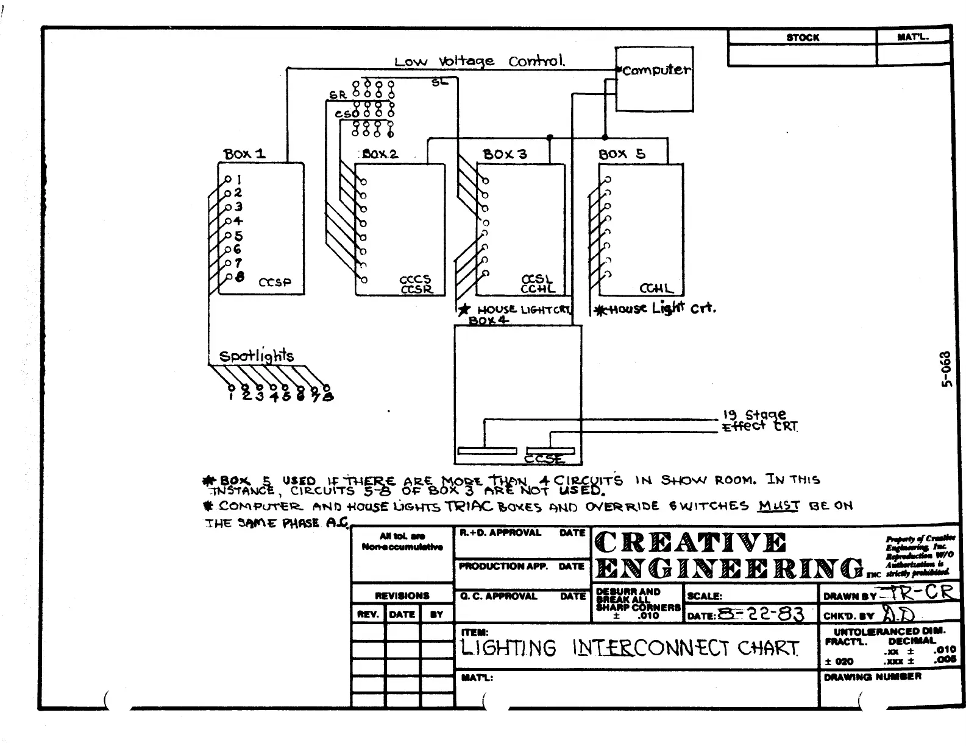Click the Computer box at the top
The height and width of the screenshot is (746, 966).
[654, 80]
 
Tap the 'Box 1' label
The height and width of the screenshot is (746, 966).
[244, 153]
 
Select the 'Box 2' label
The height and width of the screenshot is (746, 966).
[380, 154]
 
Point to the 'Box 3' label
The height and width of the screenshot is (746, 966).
[505, 154]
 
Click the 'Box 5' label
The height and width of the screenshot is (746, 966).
[621, 154]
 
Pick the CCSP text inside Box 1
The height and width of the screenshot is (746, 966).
[275, 283]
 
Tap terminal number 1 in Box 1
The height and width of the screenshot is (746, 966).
[239, 180]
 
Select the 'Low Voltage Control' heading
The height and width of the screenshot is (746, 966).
[480, 62]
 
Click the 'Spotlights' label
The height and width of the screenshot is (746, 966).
[257, 356]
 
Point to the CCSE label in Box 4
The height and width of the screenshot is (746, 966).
[544, 459]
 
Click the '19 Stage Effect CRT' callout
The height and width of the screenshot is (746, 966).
[759, 421]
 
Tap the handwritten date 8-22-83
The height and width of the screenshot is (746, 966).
[761, 613]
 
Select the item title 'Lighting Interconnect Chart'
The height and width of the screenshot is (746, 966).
[630, 648]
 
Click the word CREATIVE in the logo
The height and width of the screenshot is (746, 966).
[691, 543]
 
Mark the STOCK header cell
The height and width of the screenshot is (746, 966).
[803, 38]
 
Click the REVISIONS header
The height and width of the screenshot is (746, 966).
[402, 596]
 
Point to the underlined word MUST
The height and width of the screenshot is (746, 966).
[778, 505]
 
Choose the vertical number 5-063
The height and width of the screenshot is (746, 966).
[945, 369]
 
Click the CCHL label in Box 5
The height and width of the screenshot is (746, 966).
[656, 289]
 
